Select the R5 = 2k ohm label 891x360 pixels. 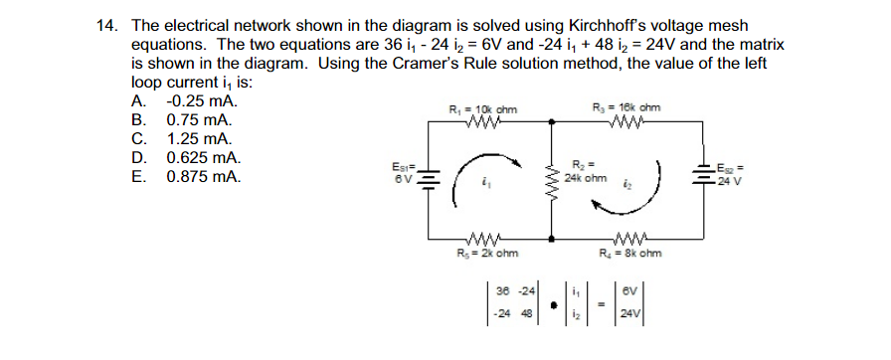coord(487,254)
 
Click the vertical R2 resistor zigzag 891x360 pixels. coord(553,181)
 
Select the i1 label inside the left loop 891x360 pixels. coord(484,182)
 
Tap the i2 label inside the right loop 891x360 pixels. coord(628,183)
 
